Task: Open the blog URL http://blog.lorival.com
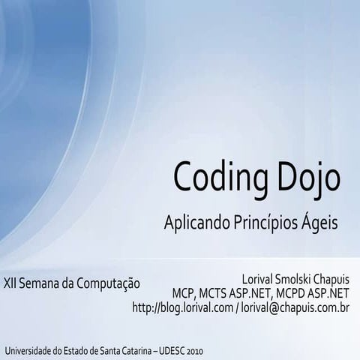point(182,307)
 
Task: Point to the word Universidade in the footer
point(29,351)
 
